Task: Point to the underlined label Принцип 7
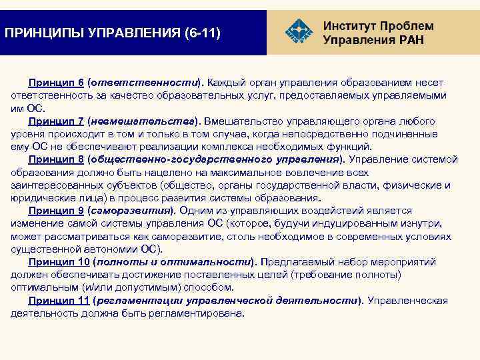click(x=55, y=122)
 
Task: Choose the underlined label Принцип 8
click(x=55, y=160)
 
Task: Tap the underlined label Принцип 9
click(x=55, y=211)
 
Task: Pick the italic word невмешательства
click(x=142, y=122)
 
